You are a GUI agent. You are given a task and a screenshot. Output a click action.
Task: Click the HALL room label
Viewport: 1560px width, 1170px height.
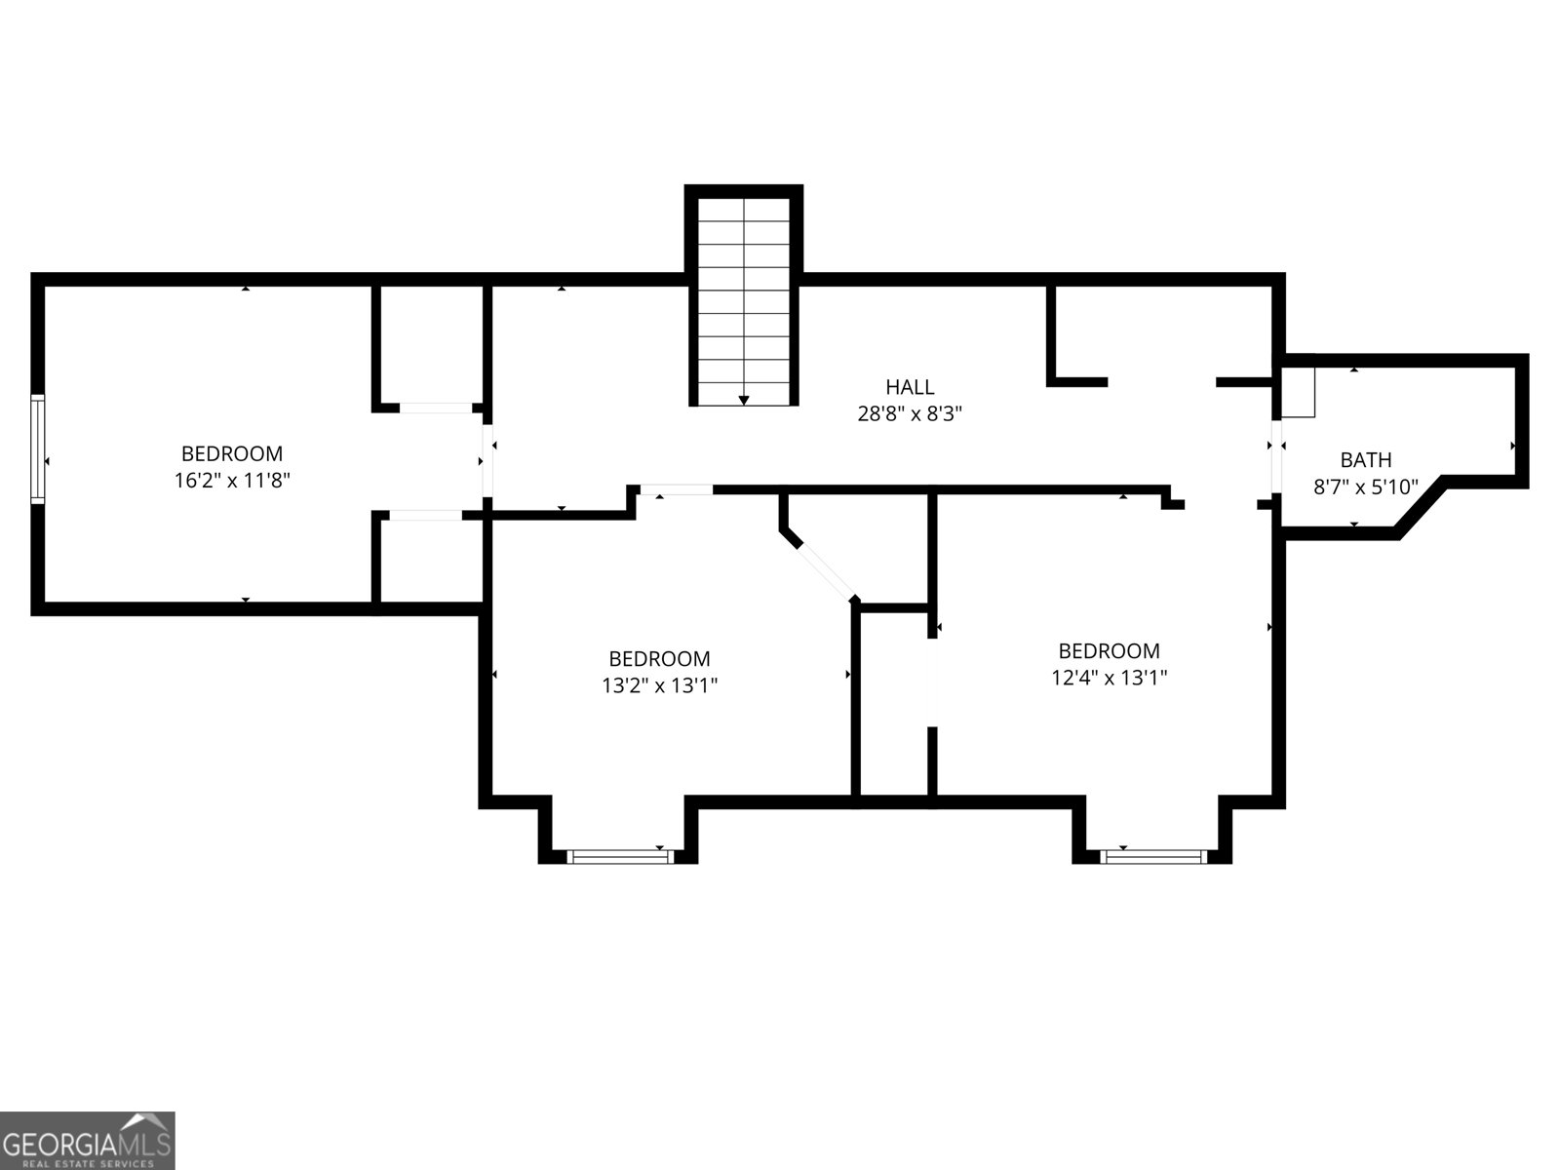(910, 387)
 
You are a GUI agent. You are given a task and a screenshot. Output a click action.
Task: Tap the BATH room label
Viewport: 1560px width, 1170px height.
(1365, 460)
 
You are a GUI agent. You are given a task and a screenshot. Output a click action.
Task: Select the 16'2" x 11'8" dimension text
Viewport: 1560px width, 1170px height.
(231, 480)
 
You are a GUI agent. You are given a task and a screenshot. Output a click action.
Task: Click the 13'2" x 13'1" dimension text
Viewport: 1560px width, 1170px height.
(659, 685)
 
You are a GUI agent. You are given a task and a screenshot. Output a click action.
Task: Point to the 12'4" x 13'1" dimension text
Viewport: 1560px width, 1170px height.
(1109, 677)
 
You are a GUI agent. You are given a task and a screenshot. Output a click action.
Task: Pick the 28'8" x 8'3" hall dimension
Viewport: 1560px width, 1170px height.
(910, 413)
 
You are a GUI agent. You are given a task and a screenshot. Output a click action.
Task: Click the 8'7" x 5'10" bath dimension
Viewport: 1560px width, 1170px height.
(1365, 487)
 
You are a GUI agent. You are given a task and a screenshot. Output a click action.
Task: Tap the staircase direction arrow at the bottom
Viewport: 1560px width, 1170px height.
(744, 400)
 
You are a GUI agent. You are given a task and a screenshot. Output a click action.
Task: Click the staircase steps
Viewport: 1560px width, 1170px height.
(744, 292)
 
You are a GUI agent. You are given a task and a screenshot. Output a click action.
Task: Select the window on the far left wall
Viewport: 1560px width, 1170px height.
(37, 448)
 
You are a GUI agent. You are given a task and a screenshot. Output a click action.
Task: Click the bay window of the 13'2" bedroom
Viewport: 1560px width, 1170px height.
(620, 857)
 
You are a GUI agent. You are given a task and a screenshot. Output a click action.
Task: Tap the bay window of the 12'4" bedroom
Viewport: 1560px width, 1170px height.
(1152, 857)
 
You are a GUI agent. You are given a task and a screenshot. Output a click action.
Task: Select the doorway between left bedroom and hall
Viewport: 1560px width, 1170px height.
(487, 458)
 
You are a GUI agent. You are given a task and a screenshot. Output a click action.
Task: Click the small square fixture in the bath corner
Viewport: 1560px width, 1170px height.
(1299, 392)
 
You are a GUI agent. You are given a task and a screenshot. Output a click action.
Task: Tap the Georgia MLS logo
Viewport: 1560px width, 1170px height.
(88, 1141)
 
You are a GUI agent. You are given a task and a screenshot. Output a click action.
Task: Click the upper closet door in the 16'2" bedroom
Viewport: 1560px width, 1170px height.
(436, 408)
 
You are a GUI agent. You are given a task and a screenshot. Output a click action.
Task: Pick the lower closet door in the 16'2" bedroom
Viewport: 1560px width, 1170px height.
(426, 515)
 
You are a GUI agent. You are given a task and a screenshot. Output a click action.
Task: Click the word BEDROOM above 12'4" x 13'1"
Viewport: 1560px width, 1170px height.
(1109, 650)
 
